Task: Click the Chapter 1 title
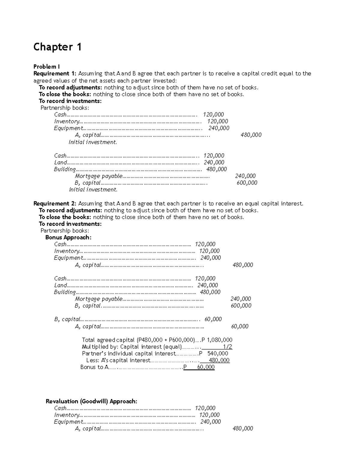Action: click(x=57, y=47)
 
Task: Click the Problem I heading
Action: click(x=46, y=67)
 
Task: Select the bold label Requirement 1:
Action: click(x=55, y=74)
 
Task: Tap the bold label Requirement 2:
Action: click(x=55, y=203)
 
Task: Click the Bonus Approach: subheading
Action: click(x=68, y=237)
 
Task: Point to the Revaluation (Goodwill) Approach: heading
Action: click(x=91, y=401)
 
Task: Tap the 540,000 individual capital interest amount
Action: click(x=217, y=353)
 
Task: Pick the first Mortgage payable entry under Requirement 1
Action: click(x=98, y=176)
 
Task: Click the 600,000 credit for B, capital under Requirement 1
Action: click(x=247, y=183)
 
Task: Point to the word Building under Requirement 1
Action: click(x=65, y=169)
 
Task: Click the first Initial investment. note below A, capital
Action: click(x=93, y=142)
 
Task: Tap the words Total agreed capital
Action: click(x=108, y=340)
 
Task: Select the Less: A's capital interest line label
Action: click(x=118, y=360)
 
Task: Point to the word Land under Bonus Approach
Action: click(x=60, y=285)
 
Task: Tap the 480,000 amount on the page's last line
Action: click(x=243, y=428)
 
